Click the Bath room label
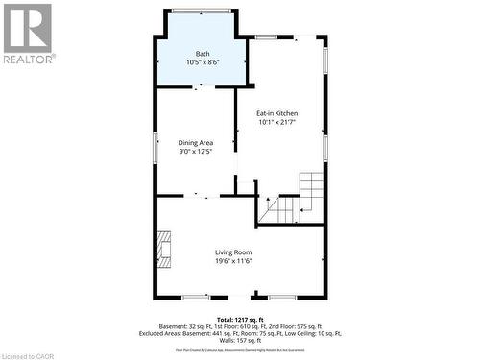coord(203,53)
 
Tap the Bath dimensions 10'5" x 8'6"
coord(203,62)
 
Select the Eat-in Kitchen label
coord(276,113)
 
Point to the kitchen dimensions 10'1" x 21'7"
coord(276,123)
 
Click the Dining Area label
coord(195,142)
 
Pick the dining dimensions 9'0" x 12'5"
coord(195,152)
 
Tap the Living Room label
coord(234,252)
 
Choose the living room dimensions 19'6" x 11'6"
coord(234,261)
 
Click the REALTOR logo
coord(27,33)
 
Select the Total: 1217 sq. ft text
coord(239,318)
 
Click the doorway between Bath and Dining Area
coord(199,86)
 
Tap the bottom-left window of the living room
coord(196,298)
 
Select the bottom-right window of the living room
coord(281,298)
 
